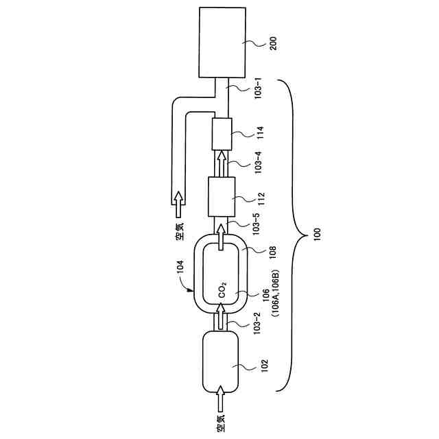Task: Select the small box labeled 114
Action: (222, 133)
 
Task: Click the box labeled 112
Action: (221, 196)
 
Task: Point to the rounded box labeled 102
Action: (219, 361)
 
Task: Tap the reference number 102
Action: (262, 364)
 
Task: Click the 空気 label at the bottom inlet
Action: (220, 425)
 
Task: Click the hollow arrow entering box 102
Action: (220, 396)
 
